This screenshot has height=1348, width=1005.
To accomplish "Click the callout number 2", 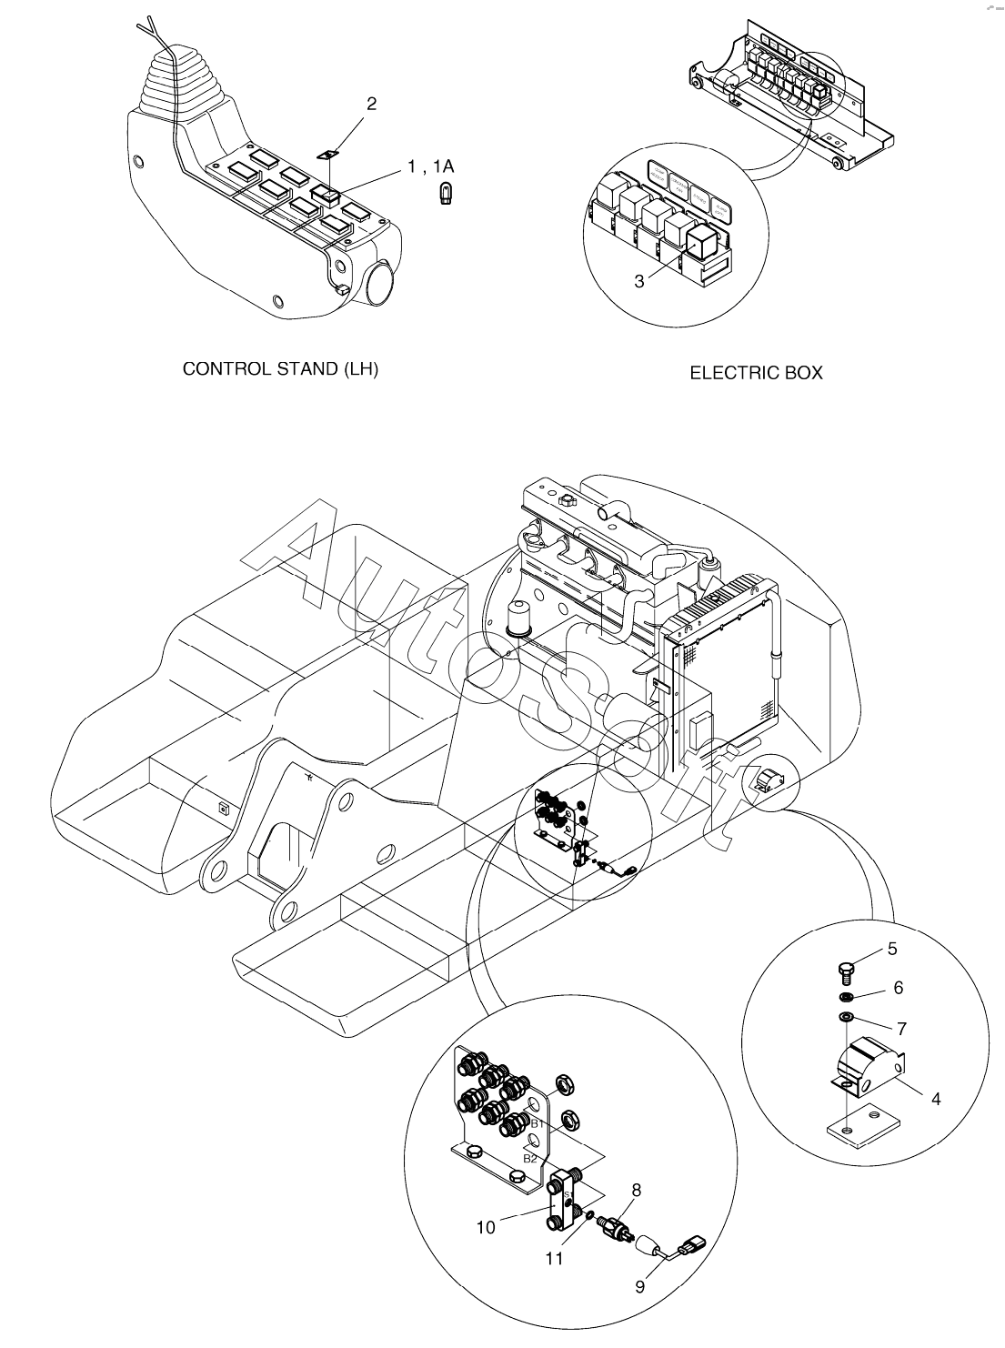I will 371,104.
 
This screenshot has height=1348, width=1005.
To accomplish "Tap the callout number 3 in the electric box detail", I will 639,281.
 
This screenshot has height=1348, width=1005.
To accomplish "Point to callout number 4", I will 936,1099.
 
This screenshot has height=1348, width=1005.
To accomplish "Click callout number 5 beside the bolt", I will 892,949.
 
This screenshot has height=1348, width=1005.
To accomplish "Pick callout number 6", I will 899,987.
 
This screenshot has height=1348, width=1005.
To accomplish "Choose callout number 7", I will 901,1029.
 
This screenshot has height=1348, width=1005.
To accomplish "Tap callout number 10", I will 486,1228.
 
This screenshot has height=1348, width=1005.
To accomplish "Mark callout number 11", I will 554,1259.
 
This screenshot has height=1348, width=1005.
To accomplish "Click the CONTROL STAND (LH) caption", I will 281,369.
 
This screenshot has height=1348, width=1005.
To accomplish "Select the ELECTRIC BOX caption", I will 756,373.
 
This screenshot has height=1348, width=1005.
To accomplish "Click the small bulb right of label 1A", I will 447,194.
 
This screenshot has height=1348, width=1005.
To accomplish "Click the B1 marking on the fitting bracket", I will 537,1124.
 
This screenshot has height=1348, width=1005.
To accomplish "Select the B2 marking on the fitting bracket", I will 529,1158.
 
